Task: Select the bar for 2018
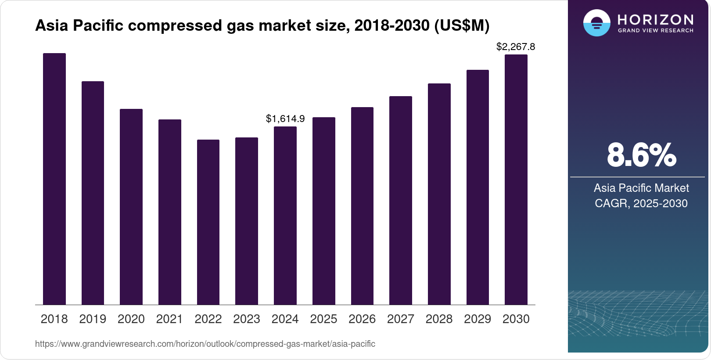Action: pyautogui.click(x=54, y=179)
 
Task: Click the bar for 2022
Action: pyautogui.click(x=208, y=222)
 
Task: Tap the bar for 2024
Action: pyautogui.click(x=285, y=216)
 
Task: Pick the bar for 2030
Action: pyautogui.click(x=516, y=180)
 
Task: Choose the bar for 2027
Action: pyautogui.click(x=401, y=200)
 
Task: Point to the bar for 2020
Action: pyautogui.click(x=131, y=207)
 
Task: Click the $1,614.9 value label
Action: pyautogui.click(x=285, y=119)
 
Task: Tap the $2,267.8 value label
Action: pyautogui.click(x=516, y=47)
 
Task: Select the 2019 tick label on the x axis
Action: pyautogui.click(x=93, y=319)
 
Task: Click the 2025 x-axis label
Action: pyautogui.click(x=323, y=319)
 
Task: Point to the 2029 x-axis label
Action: pyautogui.click(x=478, y=319)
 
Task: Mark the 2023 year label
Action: pyautogui.click(x=247, y=319)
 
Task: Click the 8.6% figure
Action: pyautogui.click(x=641, y=155)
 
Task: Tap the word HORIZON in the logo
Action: pyautogui.click(x=656, y=20)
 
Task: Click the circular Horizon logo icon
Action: pyautogui.click(x=597, y=23)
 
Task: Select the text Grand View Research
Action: pyautogui.click(x=656, y=31)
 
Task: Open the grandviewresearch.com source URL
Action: pyautogui.click(x=205, y=344)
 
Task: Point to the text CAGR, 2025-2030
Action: pyautogui.click(x=641, y=203)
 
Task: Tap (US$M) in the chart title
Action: pyautogui.click(x=462, y=25)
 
